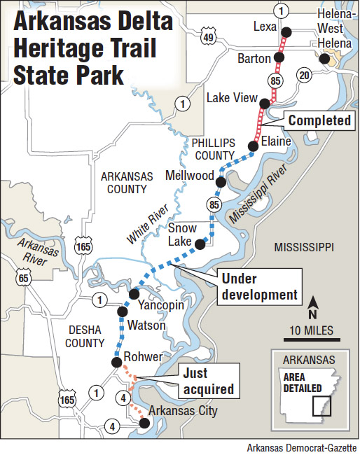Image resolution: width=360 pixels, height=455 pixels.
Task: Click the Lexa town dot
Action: [x=286, y=32]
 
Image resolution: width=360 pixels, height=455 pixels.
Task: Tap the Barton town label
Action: [x=254, y=57]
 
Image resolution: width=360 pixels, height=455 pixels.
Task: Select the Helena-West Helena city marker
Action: [x=324, y=60]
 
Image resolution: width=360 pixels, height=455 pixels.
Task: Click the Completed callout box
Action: [x=319, y=120]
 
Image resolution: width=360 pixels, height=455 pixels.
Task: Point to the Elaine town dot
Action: [x=252, y=146]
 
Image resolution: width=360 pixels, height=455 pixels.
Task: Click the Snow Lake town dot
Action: [x=200, y=244]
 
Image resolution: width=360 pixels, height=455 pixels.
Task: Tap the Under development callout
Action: [x=258, y=286]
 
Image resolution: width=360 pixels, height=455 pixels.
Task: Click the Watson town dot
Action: [x=123, y=311]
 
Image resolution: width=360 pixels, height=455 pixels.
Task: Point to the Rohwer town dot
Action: [x=116, y=362]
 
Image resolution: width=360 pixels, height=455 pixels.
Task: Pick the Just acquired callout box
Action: [x=207, y=380]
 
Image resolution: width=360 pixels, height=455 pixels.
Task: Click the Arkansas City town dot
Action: [x=144, y=423]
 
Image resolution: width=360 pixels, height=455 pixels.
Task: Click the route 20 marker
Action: [x=303, y=75]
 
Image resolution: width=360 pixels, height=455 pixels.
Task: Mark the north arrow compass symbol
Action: [x=314, y=302]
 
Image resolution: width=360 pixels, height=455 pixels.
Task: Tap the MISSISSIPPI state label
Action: [x=304, y=247]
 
